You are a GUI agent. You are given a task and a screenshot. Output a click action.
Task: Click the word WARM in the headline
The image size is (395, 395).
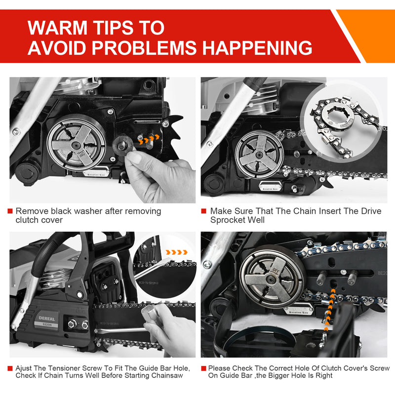(57, 28)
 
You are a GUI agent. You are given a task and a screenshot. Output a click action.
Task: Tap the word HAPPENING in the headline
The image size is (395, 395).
(257, 47)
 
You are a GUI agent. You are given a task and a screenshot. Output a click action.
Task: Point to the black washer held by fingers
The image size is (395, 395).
(122, 146)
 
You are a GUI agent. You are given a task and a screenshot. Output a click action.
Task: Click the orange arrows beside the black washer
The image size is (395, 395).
(149, 139)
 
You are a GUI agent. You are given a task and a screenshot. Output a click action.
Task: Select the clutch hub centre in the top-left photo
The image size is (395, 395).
(76, 145)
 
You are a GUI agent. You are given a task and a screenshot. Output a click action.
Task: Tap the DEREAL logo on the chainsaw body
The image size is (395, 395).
(47, 318)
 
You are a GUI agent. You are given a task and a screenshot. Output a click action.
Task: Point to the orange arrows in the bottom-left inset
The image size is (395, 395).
(177, 252)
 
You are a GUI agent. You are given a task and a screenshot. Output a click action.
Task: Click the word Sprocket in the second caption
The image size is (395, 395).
(228, 220)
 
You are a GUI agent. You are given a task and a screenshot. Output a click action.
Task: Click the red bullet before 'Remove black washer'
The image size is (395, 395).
(10, 211)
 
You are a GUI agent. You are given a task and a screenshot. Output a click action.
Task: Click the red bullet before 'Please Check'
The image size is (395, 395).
(203, 368)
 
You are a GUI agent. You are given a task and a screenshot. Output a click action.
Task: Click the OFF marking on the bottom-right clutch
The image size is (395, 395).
(276, 272)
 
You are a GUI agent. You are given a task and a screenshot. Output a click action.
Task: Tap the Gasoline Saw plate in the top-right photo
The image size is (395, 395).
(270, 187)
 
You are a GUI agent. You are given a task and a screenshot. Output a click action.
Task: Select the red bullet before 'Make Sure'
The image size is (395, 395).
(204, 211)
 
